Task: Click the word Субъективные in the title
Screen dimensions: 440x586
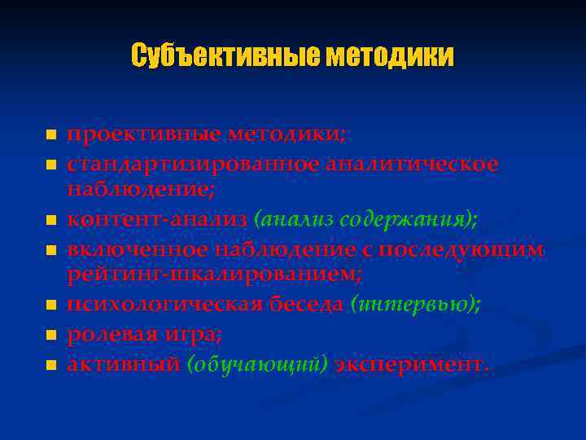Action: point(224,56)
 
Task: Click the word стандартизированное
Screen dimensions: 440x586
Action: point(193,164)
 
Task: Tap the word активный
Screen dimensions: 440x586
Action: point(123,363)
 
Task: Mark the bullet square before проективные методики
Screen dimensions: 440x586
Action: point(51,134)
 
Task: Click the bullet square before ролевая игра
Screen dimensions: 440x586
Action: point(51,335)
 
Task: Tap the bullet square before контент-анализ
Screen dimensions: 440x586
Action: point(51,221)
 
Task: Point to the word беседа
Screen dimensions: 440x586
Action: point(304,306)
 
